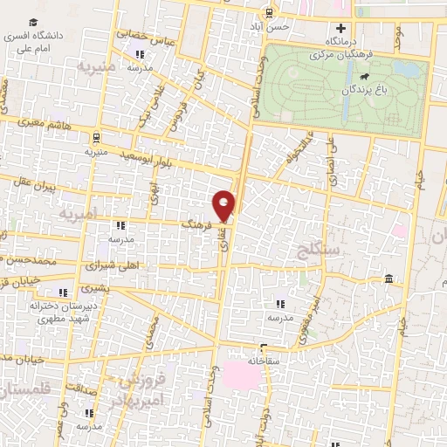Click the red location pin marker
[224, 204]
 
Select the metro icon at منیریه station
[95, 137]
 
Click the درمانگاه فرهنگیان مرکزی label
[336, 47]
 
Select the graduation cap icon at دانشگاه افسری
[31, 21]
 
